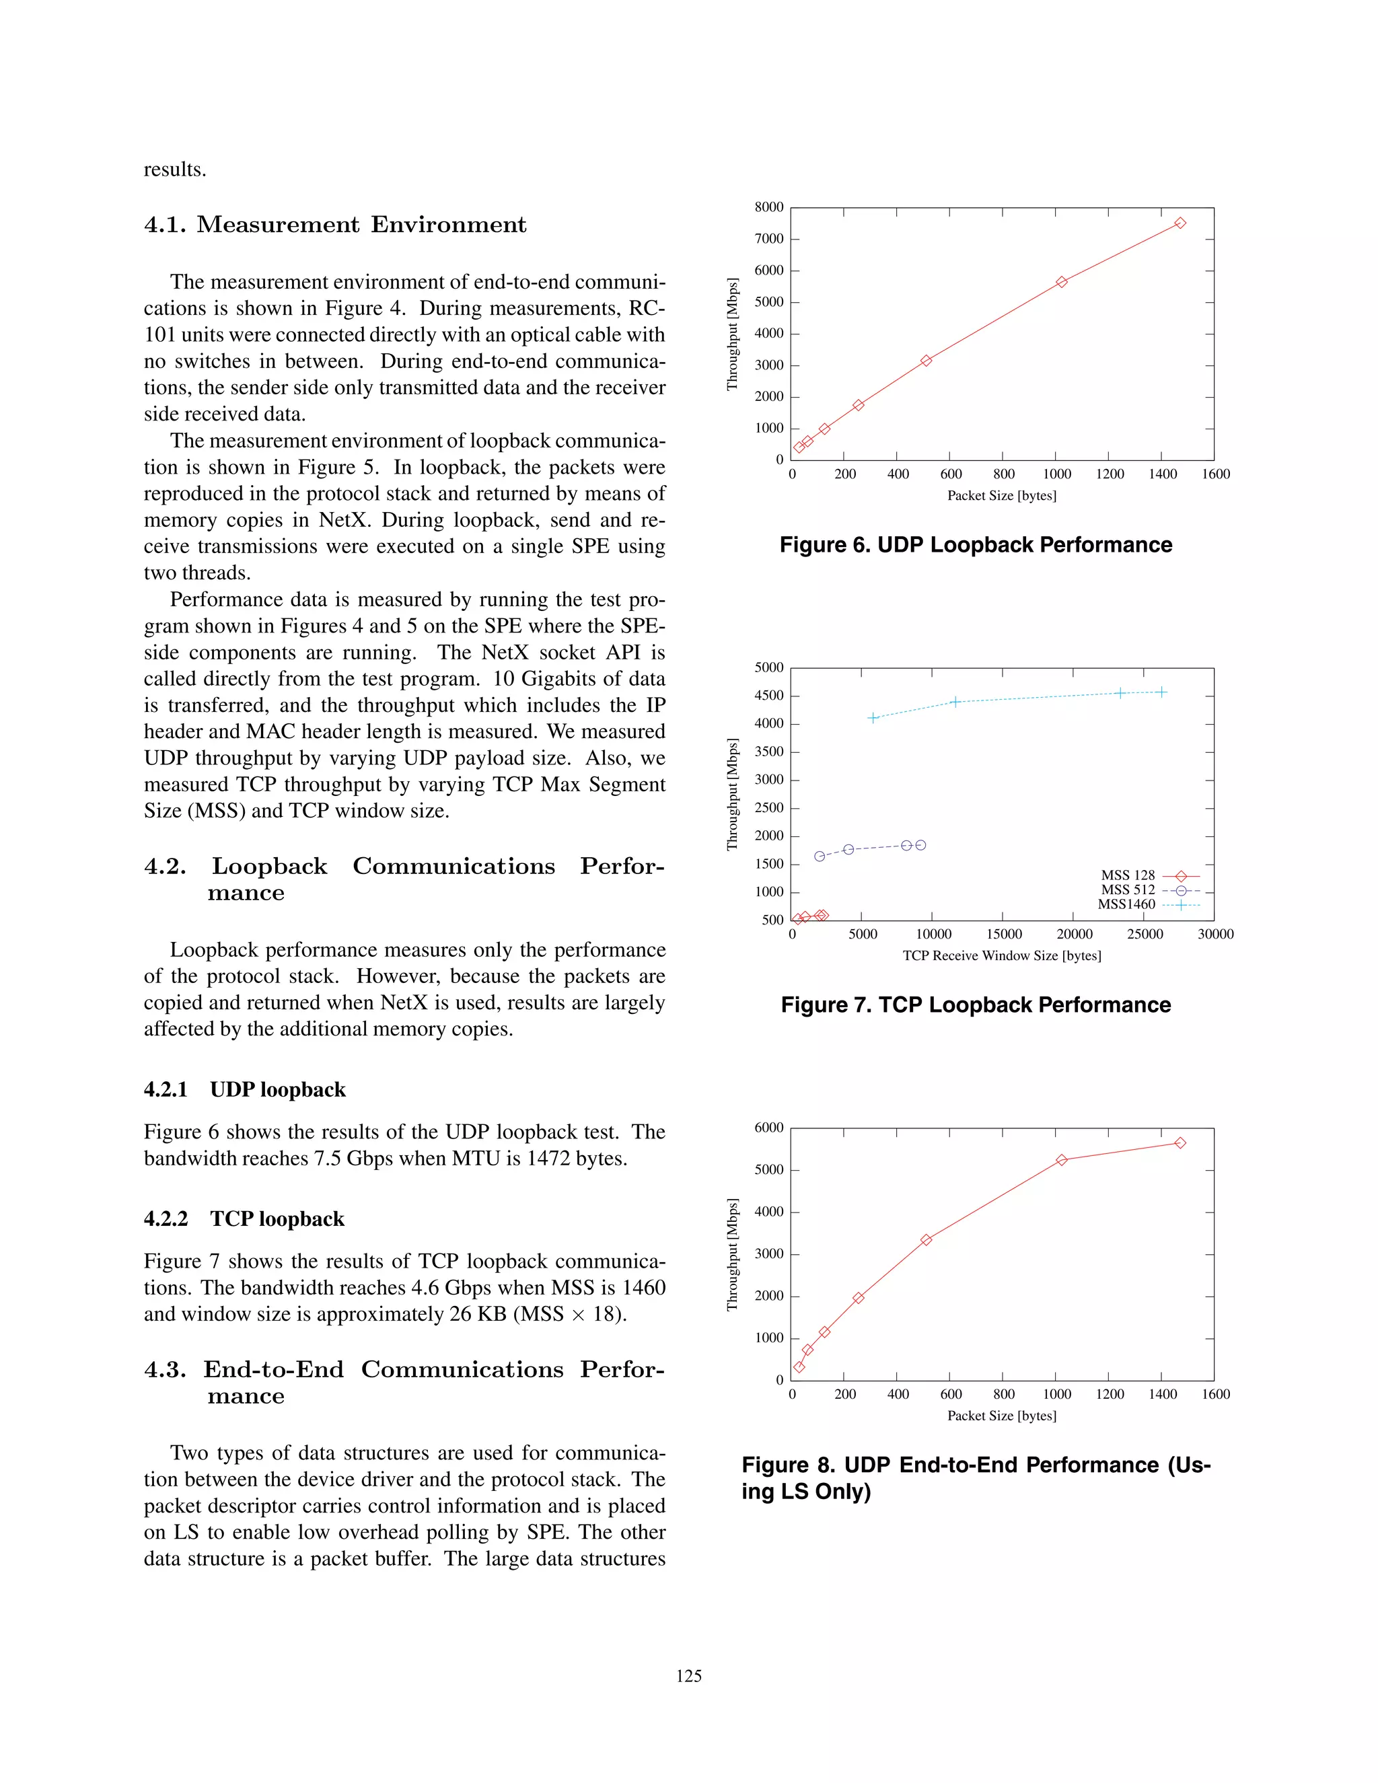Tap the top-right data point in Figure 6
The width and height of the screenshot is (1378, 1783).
[x=1180, y=223]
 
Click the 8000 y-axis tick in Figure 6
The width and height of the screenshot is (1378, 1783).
[x=769, y=207]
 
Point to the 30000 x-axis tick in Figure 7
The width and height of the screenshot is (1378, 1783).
[x=1214, y=934]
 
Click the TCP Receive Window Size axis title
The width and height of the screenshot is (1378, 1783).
[x=1002, y=955]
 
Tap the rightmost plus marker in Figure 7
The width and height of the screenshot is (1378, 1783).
[x=1161, y=692]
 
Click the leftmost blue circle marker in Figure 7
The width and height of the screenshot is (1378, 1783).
[x=820, y=857]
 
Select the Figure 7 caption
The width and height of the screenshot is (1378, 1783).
[x=976, y=1005]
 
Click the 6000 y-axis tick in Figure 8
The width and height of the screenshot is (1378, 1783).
[x=769, y=1128]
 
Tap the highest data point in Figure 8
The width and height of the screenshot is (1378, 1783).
[x=1180, y=1143]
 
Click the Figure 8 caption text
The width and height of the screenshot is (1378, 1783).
[x=976, y=1478]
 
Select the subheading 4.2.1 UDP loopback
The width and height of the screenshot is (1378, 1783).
[x=245, y=1090]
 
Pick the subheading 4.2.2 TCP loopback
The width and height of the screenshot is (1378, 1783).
[x=244, y=1219]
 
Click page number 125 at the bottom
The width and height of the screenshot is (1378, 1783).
[x=688, y=1676]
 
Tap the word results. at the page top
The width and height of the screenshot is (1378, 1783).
[x=175, y=170]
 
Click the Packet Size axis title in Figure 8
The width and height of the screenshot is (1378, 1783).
[x=1002, y=1416]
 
